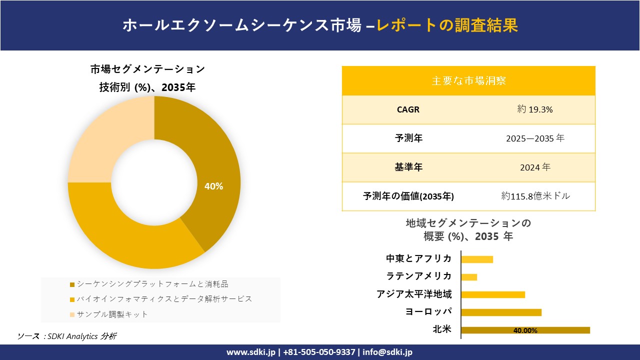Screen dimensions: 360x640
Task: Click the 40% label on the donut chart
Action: point(213,186)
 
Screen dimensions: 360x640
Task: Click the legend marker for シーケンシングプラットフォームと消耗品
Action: point(72,284)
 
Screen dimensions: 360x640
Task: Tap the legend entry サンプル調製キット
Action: point(112,314)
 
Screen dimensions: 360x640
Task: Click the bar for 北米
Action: point(525,330)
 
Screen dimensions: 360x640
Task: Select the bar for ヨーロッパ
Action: point(501,312)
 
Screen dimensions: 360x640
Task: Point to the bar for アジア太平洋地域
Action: point(493,294)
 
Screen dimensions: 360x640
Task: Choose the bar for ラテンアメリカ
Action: point(469,277)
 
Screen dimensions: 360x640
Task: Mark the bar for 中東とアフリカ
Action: point(477,259)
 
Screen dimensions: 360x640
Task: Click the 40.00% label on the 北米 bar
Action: point(525,330)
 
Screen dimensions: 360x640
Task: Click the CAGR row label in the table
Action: point(408,110)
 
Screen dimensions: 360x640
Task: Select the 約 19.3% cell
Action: point(535,110)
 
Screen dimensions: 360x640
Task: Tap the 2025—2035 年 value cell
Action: point(535,138)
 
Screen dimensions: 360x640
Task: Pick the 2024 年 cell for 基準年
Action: point(535,167)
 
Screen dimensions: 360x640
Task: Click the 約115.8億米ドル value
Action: point(535,196)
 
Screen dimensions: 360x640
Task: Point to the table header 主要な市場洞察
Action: point(468,80)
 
